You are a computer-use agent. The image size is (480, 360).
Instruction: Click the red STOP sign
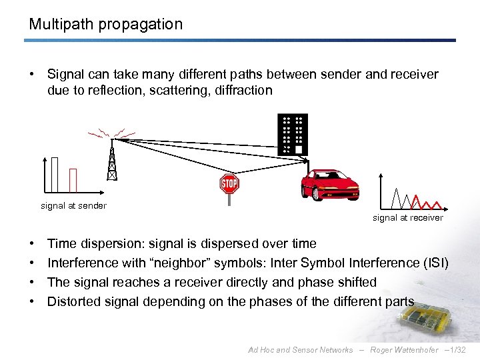229,183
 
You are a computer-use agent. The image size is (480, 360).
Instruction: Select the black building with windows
293,134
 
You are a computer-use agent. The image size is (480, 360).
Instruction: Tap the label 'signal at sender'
73,206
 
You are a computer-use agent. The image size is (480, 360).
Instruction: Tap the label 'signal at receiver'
407,218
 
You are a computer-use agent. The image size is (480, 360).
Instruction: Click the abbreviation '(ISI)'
435,263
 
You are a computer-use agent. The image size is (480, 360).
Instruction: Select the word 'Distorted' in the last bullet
75,301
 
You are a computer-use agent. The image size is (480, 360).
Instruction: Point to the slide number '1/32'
459,350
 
